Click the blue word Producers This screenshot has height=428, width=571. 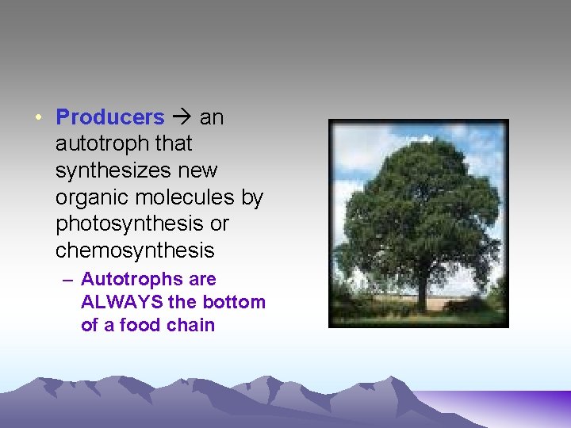tap(109, 117)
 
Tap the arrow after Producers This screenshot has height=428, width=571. tap(182, 118)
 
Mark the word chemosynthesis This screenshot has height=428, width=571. tap(135, 250)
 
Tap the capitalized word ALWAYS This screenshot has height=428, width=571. tap(119, 302)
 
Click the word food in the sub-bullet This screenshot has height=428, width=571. tap(140, 325)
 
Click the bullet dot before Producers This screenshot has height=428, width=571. tap(38, 118)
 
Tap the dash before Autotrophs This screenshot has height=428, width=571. tap(69, 280)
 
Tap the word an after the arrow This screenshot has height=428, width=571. tap(212, 118)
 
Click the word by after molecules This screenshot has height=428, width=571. tap(251, 197)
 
